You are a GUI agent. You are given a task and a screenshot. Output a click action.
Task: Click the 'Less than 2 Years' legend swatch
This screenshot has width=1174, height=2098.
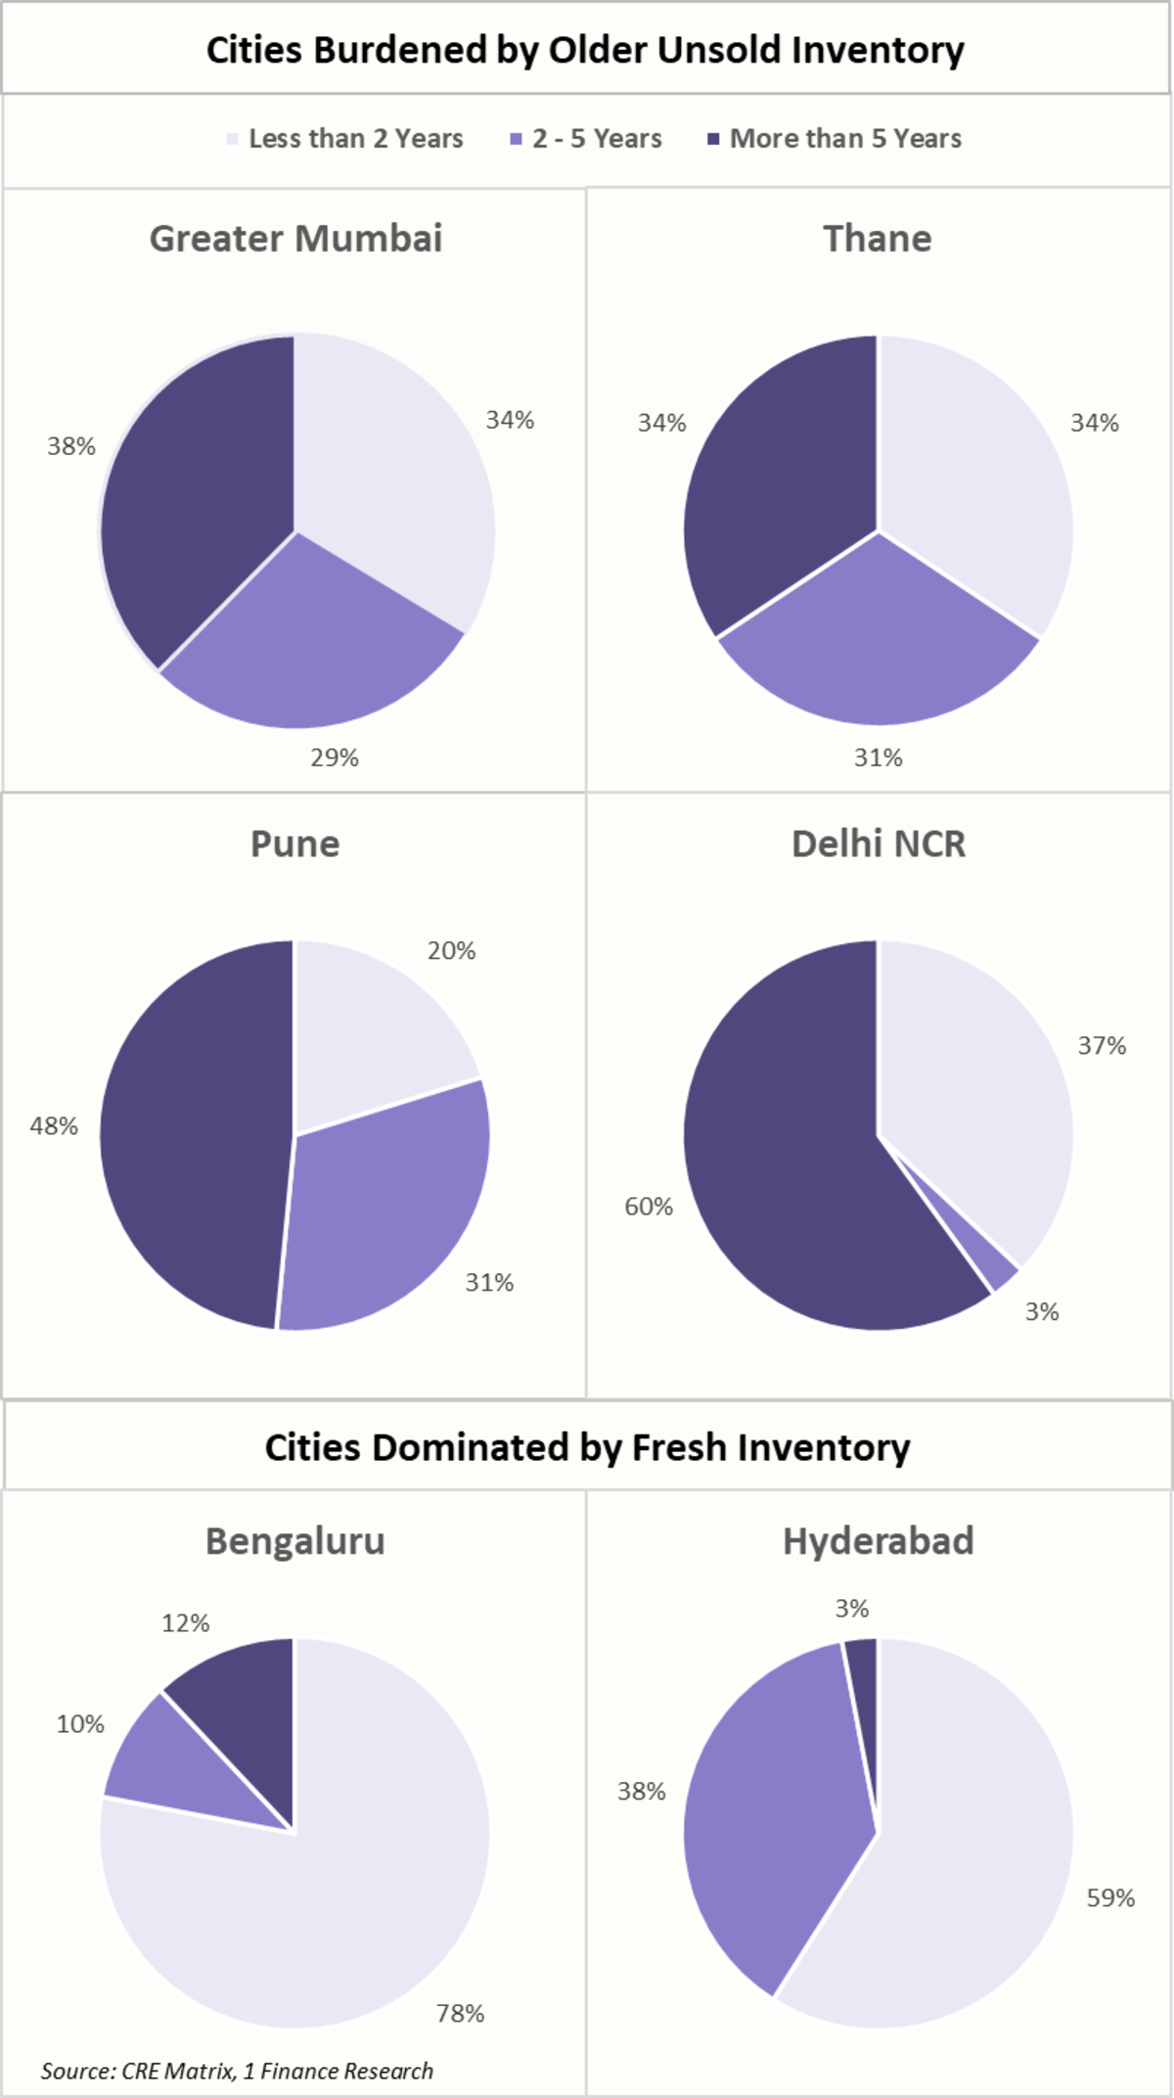coord(232,139)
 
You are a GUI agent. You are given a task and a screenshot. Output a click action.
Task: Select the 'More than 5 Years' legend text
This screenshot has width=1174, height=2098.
coord(845,139)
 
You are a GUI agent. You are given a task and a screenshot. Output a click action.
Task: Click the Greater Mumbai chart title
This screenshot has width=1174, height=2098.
coord(295,239)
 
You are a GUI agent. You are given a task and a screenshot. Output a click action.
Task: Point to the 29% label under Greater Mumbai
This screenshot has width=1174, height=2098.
coord(335,757)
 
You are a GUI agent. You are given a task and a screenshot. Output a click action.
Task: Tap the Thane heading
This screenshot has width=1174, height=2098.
coord(878,239)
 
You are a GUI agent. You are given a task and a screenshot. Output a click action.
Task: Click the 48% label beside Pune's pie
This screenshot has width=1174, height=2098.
coord(54,1126)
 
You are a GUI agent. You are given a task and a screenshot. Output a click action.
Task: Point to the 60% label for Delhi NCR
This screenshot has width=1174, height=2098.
coord(649,1207)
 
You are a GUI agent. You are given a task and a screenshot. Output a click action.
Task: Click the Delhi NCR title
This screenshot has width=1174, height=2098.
coord(878,844)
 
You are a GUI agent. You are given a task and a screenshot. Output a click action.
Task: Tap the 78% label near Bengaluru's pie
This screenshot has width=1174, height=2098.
coord(460,2013)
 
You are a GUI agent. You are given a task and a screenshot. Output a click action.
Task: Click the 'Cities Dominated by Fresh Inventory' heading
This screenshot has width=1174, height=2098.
coord(587,1447)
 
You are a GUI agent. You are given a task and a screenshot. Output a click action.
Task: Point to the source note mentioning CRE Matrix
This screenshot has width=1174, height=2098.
coord(237,2071)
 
